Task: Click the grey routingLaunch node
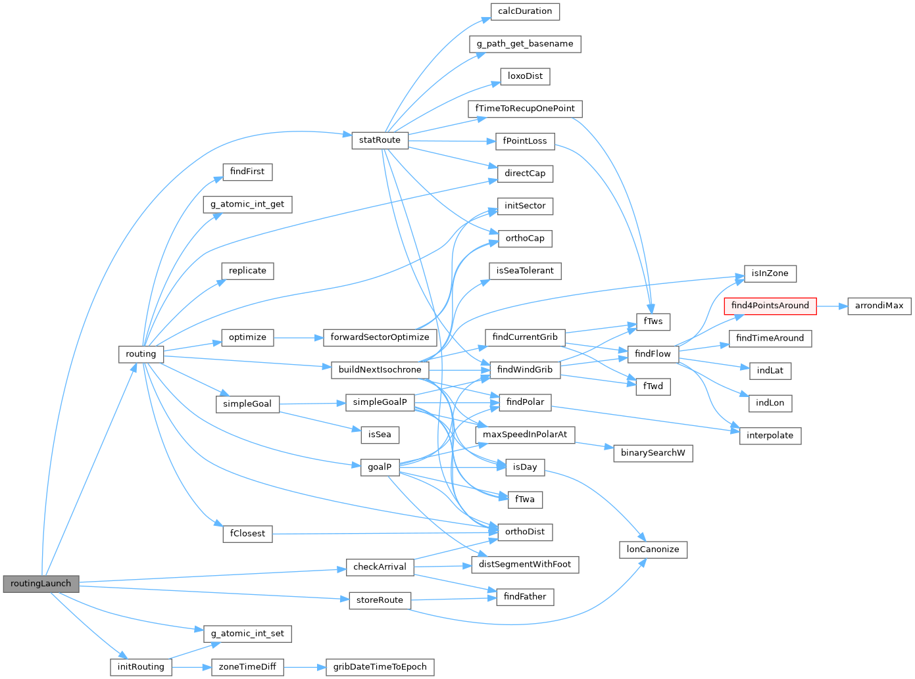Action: [x=41, y=584]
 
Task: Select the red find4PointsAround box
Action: [x=770, y=306]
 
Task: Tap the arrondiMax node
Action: [x=879, y=306]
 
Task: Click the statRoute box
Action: [x=380, y=140]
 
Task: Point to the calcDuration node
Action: [x=525, y=11]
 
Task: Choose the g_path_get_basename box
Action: [x=525, y=44]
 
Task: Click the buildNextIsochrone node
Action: [x=380, y=369]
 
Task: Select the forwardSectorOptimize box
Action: [x=380, y=337]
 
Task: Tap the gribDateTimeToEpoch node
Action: [x=380, y=667]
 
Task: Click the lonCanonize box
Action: [x=653, y=550]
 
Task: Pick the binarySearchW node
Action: [x=653, y=453]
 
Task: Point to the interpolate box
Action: [x=770, y=435]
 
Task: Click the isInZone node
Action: [x=770, y=273]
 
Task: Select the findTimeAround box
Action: [x=770, y=338]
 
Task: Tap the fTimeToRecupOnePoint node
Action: [x=525, y=108]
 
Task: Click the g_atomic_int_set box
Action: [x=247, y=634]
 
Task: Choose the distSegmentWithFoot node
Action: [x=525, y=564]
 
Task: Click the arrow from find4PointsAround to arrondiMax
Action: [x=831, y=306]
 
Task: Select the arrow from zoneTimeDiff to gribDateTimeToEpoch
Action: [x=304, y=667]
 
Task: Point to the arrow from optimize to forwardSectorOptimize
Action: [x=297, y=337]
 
